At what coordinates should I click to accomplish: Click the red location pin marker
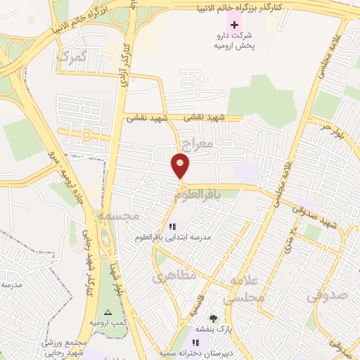(181, 165)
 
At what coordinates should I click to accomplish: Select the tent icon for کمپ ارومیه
(108, 311)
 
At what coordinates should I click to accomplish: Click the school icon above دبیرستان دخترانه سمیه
(195, 343)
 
